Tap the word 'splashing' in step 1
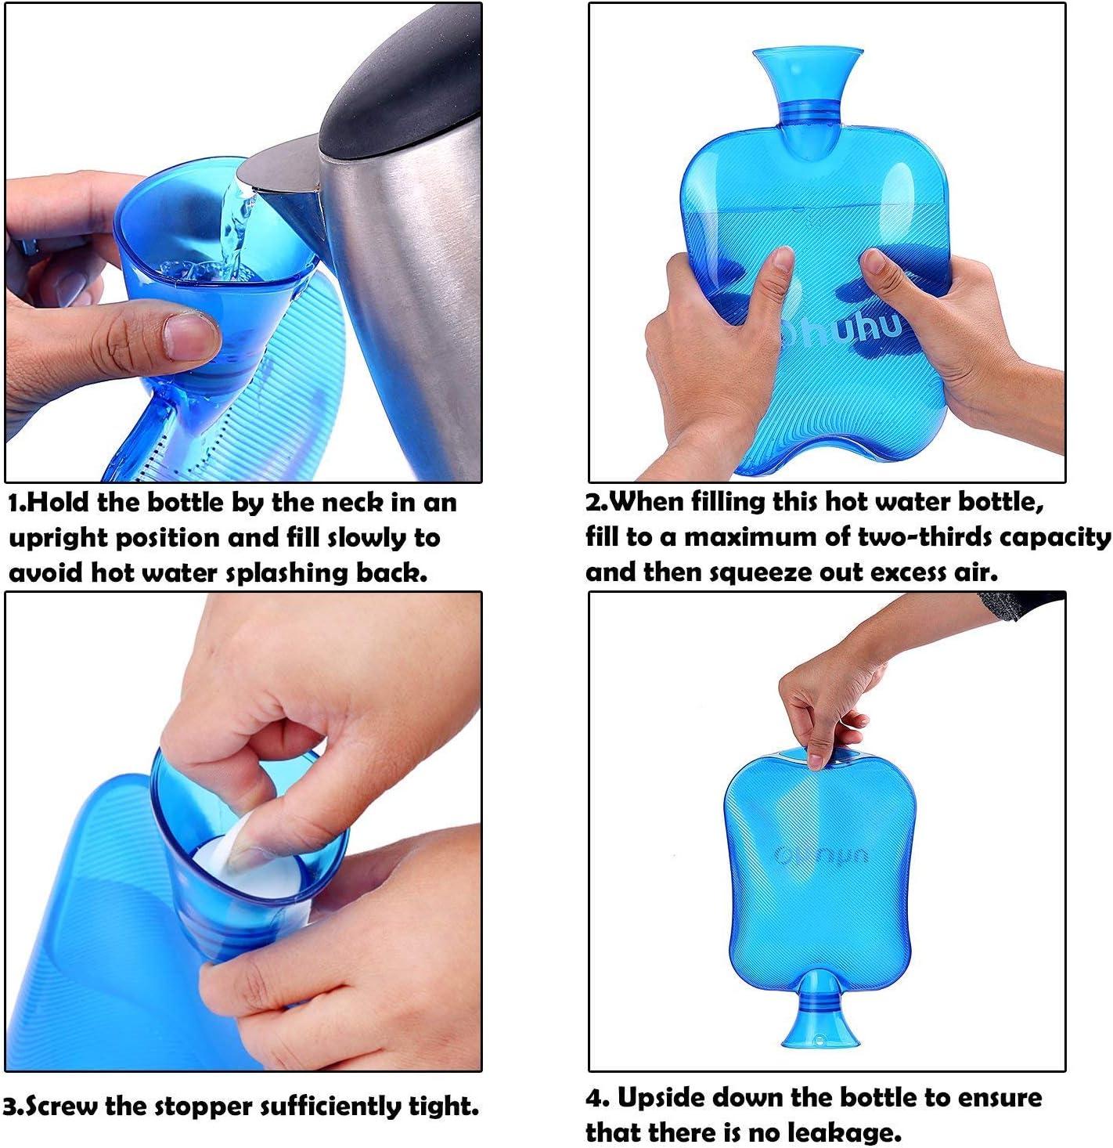click(287, 572)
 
